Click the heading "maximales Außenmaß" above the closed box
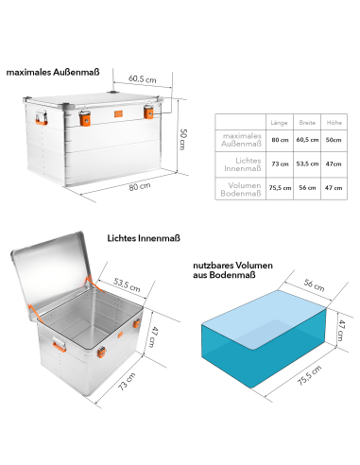click(53, 71)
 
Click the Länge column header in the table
click(279, 123)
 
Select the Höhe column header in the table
click(334, 123)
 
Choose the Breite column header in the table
click(306, 123)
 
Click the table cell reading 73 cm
click(279, 164)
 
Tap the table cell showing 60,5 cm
click(306, 139)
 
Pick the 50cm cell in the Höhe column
click(334, 139)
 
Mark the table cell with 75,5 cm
click(279, 187)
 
